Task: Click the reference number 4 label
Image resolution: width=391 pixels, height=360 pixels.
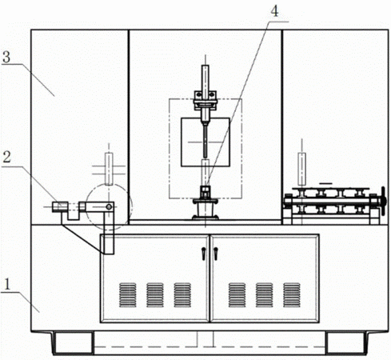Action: click(274, 11)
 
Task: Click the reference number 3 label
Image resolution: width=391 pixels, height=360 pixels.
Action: click(6, 57)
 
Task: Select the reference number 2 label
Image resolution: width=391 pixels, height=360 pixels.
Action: click(6, 157)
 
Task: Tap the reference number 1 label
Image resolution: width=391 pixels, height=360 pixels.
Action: click(7, 284)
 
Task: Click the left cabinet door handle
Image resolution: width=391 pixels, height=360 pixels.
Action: click(204, 254)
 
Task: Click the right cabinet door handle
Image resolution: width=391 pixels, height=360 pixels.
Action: click(216, 254)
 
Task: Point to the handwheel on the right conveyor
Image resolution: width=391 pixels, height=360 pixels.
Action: click(384, 201)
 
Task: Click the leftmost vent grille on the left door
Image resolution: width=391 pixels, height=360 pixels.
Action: click(128, 295)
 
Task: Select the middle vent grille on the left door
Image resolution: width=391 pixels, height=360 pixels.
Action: click(155, 295)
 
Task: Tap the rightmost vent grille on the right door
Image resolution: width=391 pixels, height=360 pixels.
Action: click(292, 295)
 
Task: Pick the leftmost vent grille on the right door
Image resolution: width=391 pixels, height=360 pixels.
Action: click(237, 295)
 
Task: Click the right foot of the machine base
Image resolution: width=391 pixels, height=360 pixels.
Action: click(346, 343)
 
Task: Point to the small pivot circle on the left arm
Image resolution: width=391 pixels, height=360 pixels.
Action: click(109, 206)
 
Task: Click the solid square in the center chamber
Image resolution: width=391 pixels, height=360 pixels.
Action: click(205, 142)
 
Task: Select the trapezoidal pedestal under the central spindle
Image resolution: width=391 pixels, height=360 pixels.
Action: click(205, 210)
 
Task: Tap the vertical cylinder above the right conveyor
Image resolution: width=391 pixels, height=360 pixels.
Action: click(301, 170)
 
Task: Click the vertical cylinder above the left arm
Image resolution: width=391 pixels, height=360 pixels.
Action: click(109, 169)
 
